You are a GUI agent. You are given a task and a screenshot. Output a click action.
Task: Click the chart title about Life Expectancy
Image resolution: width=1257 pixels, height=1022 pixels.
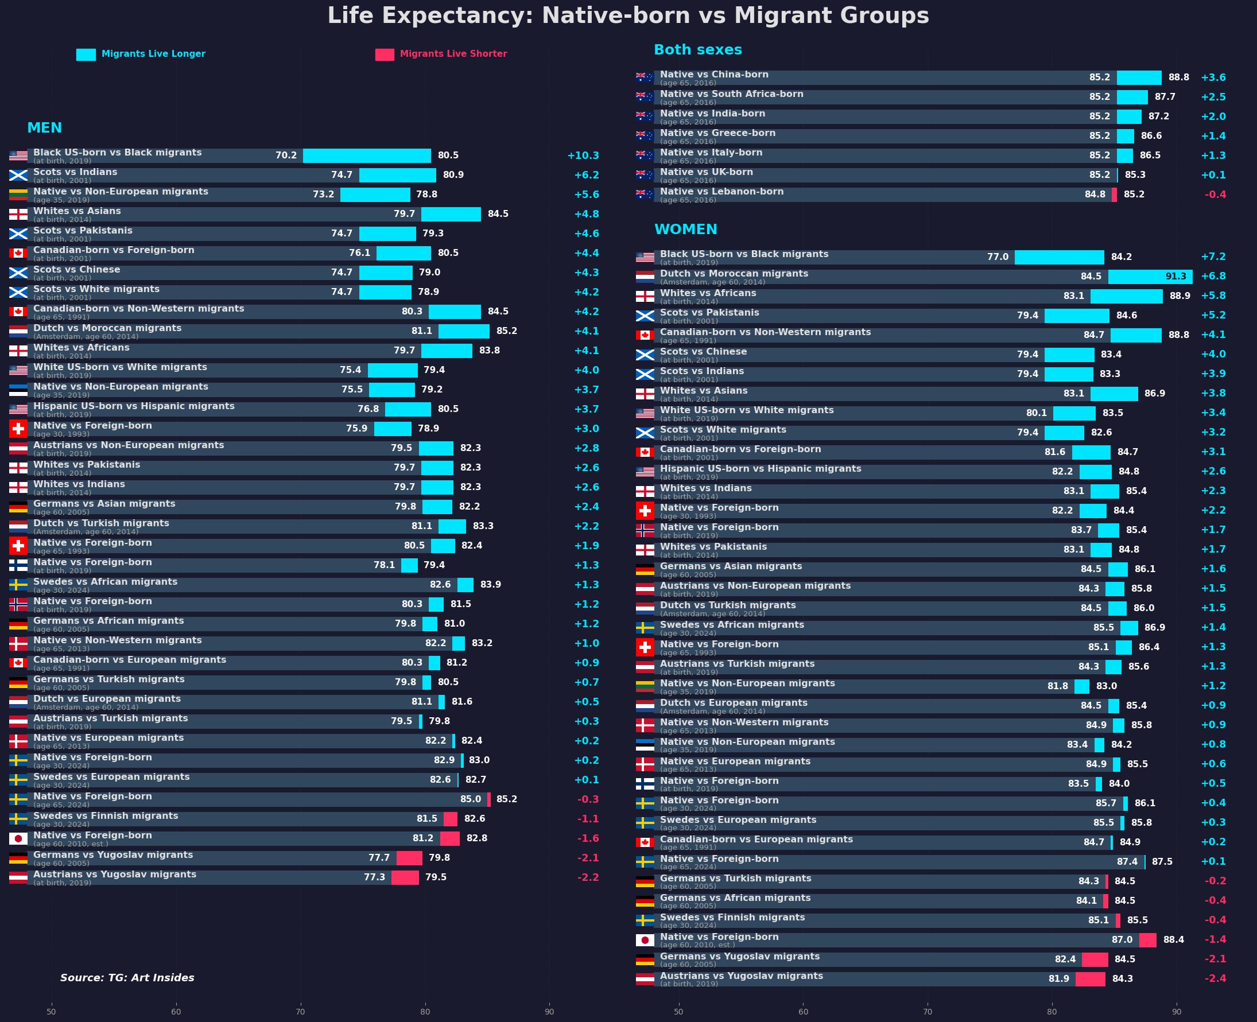628,16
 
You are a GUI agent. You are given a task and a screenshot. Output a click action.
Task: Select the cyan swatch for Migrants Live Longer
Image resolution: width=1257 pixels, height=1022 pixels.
86,55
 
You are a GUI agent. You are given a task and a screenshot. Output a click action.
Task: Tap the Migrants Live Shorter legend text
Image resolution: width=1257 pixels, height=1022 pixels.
453,54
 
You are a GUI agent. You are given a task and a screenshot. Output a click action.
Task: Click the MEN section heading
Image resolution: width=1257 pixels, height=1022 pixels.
44,129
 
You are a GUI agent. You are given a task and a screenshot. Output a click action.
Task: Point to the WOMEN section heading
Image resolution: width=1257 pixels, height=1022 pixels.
685,230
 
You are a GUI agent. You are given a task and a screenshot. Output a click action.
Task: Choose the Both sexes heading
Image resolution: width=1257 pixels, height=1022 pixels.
698,50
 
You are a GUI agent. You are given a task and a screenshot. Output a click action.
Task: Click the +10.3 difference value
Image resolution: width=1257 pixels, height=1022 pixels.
583,156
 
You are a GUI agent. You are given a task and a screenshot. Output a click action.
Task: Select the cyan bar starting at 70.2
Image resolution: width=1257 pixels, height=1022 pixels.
367,156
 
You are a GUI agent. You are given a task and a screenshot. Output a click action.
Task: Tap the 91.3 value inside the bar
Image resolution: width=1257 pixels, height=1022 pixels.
1175,277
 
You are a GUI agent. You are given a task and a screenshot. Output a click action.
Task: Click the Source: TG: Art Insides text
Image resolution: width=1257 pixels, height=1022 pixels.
127,978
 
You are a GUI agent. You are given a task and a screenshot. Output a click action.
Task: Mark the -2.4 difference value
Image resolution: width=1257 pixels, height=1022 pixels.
1215,978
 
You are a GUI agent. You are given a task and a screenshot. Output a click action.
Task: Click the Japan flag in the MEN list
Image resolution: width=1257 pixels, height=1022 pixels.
18,839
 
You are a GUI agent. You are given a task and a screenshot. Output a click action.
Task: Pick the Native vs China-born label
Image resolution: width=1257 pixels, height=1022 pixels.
713,75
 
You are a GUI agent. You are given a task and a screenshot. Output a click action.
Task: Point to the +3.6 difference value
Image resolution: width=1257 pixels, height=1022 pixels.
1213,77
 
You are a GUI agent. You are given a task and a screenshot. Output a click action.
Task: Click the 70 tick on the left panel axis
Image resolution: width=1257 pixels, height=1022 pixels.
300,1012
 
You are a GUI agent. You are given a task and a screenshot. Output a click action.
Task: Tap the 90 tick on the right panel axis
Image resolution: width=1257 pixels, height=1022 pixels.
1176,1012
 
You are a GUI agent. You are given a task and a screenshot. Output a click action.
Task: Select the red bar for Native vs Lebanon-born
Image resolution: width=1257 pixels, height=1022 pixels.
1114,195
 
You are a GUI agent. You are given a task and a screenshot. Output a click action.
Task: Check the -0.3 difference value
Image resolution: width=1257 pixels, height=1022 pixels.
588,799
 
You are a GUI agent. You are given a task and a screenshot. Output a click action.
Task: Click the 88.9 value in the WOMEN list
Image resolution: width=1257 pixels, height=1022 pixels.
1180,296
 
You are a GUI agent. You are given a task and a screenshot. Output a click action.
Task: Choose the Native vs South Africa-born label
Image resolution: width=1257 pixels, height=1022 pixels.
731,94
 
